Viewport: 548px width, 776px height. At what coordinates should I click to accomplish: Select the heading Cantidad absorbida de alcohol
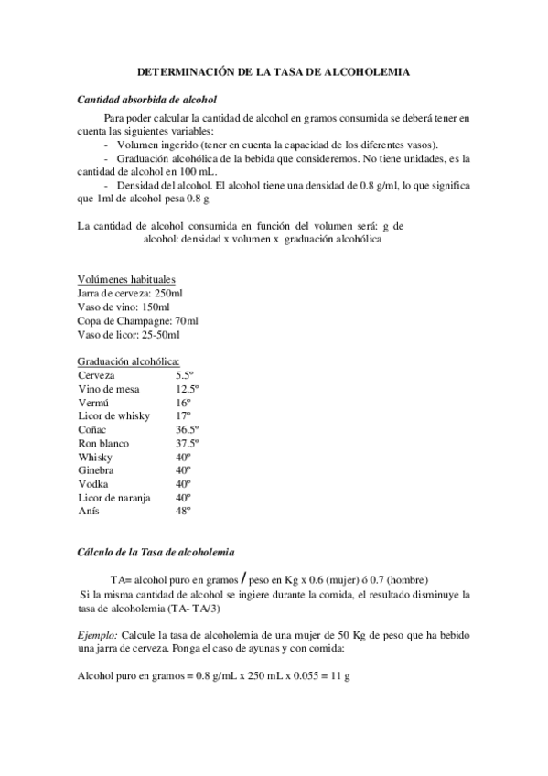coord(146,99)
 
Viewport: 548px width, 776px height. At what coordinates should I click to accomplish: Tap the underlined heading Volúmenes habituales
coord(126,279)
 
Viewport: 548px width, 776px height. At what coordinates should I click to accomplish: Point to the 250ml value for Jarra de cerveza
coord(168,293)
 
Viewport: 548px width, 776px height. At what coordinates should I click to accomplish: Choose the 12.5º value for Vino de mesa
coord(188,389)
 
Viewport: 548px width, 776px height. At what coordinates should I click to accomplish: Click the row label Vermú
coord(93,402)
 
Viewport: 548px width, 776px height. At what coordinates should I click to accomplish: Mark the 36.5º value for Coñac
coord(188,429)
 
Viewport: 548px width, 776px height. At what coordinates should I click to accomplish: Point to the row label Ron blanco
coord(103,442)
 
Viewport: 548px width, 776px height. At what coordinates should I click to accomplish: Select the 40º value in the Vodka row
coord(184,482)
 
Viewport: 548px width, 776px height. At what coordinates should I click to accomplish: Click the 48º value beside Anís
coord(184,510)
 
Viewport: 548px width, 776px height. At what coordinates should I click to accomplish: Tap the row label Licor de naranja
coord(114,496)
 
